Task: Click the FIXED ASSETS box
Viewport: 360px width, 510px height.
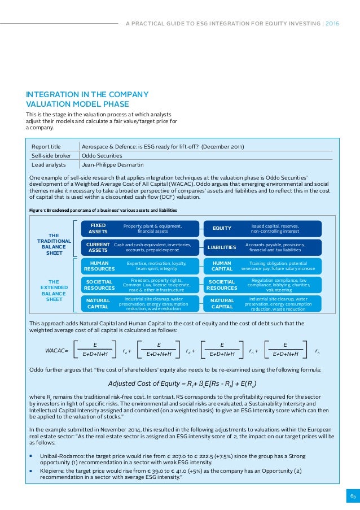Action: [98, 228]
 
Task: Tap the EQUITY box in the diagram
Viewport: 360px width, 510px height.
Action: [222, 228]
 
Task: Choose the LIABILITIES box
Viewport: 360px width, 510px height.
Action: [222, 247]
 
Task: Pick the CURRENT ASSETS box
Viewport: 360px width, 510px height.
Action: [98, 247]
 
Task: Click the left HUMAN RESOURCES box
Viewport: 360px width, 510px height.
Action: [99, 265]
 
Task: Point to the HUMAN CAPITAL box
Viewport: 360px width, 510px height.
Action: [222, 265]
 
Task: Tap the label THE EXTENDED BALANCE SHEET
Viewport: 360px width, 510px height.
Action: [54, 290]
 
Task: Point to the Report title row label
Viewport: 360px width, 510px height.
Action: [46, 147]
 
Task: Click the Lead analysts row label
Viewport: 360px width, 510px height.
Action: [48, 165]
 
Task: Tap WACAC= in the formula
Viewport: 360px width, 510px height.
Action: [56, 351]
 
